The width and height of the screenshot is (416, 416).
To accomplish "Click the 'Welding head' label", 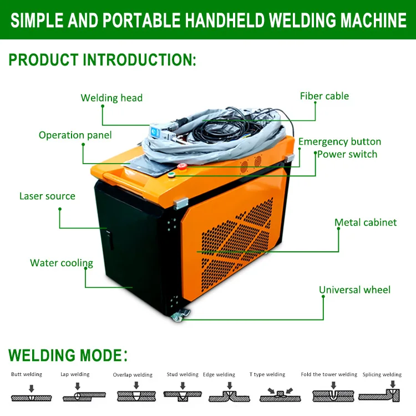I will click(x=111, y=98).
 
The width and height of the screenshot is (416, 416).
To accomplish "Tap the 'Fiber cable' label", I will click(x=324, y=96).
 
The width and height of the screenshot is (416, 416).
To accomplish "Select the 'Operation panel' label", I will click(x=75, y=135).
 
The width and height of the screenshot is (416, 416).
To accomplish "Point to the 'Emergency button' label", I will click(x=339, y=141).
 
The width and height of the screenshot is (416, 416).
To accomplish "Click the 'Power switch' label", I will click(x=347, y=154).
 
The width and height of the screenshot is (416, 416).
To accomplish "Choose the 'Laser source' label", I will click(x=47, y=196).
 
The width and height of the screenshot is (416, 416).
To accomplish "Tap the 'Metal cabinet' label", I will click(x=366, y=222).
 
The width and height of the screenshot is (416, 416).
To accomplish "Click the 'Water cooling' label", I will click(x=62, y=263).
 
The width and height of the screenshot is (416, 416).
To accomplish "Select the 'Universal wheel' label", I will click(x=354, y=290).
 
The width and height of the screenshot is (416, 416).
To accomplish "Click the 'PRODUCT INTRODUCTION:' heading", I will click(x=103, y=60).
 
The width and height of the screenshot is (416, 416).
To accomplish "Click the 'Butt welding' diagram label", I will click(x=27, y=374).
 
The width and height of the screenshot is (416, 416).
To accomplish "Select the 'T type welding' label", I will click(x=267, y=374).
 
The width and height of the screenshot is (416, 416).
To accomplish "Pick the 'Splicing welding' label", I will click(x=382, y=374).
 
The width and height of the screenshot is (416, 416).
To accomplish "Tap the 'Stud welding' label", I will click(x=182, y=374).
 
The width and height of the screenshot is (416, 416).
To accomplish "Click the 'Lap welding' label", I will click(x=75, y=374).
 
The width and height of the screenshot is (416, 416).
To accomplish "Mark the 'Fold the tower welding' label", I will click(x=329, y=374).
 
